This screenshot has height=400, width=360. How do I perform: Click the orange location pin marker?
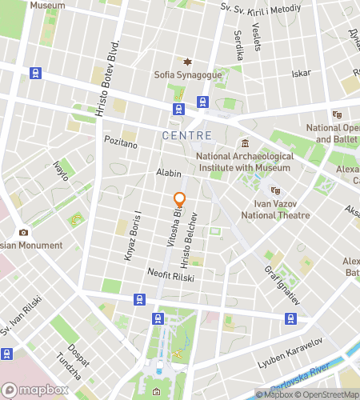coord(179,200)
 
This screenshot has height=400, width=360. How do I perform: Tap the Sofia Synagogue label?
coord(189,76)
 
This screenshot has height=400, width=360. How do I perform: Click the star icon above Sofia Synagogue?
coord(189,62)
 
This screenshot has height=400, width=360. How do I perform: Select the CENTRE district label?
coord(186,135)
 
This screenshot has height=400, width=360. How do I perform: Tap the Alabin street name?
coord(168,173)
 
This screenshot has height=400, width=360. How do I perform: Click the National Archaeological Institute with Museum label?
coord(244,162)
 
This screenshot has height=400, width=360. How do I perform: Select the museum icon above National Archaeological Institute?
coord(245,143)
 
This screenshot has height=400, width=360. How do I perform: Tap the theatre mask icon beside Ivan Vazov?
coord(274,190)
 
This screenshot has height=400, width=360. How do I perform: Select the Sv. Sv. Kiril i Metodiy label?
coord(261,7)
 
